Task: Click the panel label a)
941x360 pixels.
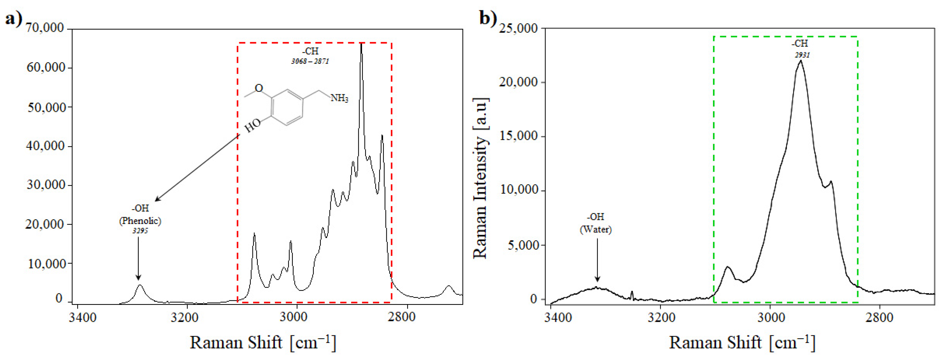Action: [13, 18]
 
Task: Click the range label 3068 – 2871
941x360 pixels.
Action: [310, 61]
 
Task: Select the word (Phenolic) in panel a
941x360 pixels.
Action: [140, 220]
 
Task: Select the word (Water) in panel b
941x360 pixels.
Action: [596, 229]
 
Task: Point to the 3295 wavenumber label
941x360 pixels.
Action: [140, 231]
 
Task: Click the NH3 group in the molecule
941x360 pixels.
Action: [339, 98]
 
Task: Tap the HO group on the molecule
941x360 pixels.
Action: [252, 126]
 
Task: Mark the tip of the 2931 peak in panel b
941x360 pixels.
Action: [801, 61]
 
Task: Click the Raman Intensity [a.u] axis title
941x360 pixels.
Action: [480, 178]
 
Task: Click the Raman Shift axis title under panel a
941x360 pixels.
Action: [263, 342]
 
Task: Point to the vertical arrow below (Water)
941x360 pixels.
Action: [597, 259]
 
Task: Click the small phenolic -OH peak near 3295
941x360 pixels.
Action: [139, 286]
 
